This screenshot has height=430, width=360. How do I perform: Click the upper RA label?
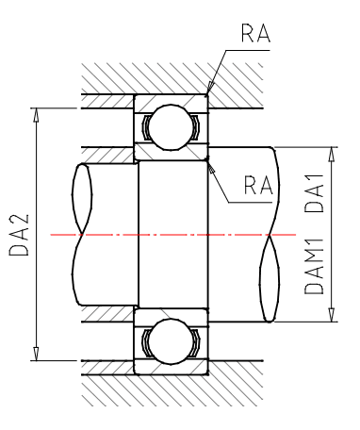[x=255, y=33]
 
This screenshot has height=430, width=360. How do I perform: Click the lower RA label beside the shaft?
[x=258, y=185]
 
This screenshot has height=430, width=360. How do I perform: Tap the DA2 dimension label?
[x=19, y=235]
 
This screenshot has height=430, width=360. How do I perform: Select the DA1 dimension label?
[x=314, y=193]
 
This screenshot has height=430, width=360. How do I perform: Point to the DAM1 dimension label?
[x=314, y=267]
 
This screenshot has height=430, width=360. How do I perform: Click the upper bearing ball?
[x=172, y=127]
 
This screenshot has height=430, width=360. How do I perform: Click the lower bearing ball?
[x=172, y=341]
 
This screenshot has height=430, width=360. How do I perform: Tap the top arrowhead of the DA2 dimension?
[x=36, y=114]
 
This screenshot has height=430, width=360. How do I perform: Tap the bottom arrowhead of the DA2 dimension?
[x=36, y=354]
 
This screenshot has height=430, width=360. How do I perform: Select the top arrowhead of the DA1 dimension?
[x=331, y=154]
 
